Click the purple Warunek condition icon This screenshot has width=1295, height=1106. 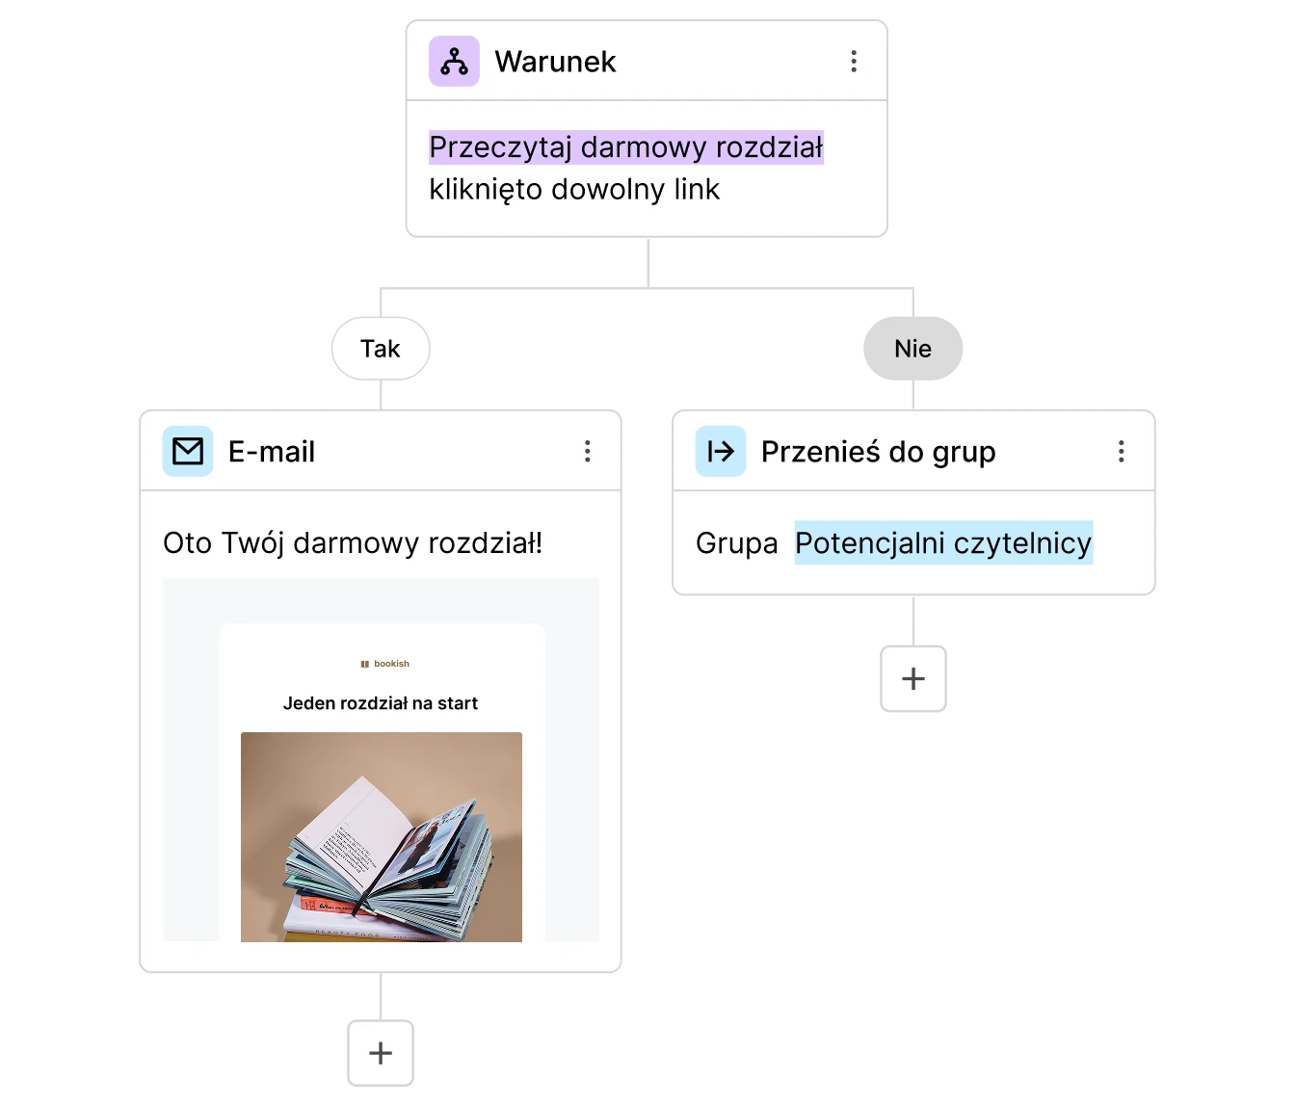[454, 62]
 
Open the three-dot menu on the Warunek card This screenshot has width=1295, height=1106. [854, 62]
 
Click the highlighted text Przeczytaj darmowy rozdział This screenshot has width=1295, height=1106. [626, 147]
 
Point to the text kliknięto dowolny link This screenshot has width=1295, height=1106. [574, 190]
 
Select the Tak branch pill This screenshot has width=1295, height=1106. [381, 348]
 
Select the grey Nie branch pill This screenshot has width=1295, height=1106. [912, 348]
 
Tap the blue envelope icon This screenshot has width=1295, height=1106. [187, 451]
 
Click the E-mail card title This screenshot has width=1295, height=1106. [272, 452]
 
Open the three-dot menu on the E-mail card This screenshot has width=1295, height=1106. [587, 451]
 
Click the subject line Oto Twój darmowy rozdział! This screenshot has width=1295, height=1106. [353, 543]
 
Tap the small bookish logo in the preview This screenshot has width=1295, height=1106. [384, 663]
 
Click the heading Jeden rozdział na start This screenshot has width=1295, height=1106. [381, 703]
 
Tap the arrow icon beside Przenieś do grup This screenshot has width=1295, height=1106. [721, 451]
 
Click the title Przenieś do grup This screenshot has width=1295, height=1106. [879, 452]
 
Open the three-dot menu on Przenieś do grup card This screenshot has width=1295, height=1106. [1121, 451]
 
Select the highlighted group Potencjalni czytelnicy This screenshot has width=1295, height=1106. [943, 543]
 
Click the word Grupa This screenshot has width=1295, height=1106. [737, 543]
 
